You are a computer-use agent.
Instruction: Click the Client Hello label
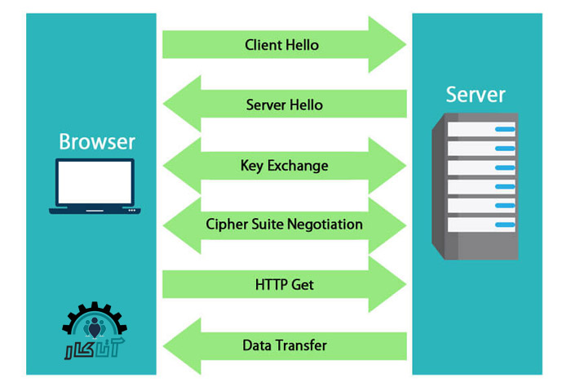coord(282,45)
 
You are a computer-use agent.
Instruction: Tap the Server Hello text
coord(284,105)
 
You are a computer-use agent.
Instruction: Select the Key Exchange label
coord(284,166)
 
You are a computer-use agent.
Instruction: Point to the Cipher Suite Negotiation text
coord(284,224)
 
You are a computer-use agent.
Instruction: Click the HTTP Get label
coord(284,285)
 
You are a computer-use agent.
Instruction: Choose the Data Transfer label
coord(284,345)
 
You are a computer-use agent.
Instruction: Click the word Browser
coord(97,141)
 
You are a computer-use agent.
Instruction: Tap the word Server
coord(476,94)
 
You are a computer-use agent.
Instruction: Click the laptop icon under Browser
coord(95,187)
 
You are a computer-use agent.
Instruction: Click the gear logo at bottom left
coord(95,332)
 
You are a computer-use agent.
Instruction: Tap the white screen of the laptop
coord(95,181)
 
